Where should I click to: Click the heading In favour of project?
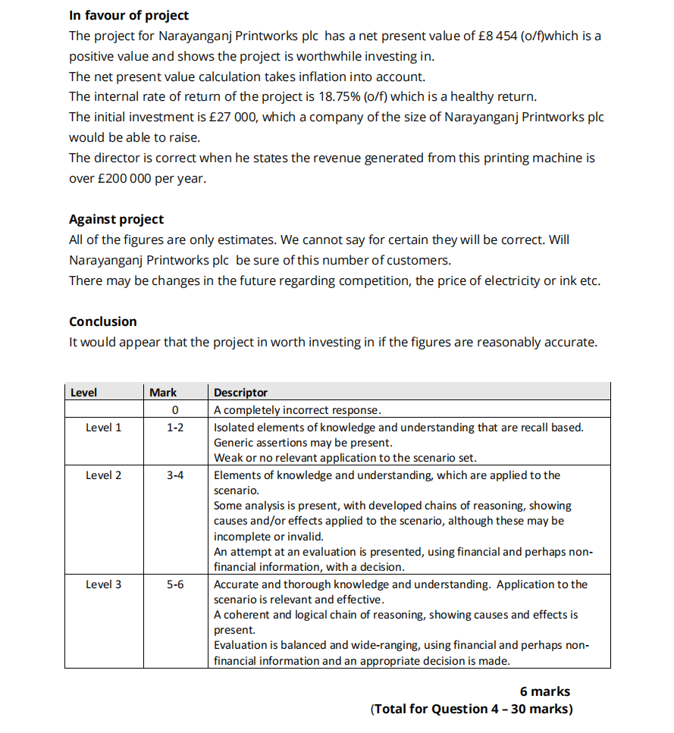tap(129, 15)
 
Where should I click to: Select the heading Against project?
tap(116, 219)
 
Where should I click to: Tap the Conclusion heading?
tap(103, 321)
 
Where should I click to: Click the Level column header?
tap(83, 393)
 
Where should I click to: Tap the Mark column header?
tap(163, 393)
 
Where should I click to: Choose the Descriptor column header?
tap(240, 393)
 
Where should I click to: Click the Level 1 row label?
tap(104, 428)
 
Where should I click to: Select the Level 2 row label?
tap(104, 475)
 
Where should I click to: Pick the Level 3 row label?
tap(104, 584)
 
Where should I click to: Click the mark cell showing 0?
tap(175, 410)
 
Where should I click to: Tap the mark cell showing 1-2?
tap(175, 428)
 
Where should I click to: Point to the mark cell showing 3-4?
tap(175, 475)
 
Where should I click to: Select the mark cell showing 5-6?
tap(175, 584)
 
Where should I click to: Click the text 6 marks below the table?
tap(544, 691)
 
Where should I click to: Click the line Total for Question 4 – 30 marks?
tap(472, 710)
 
